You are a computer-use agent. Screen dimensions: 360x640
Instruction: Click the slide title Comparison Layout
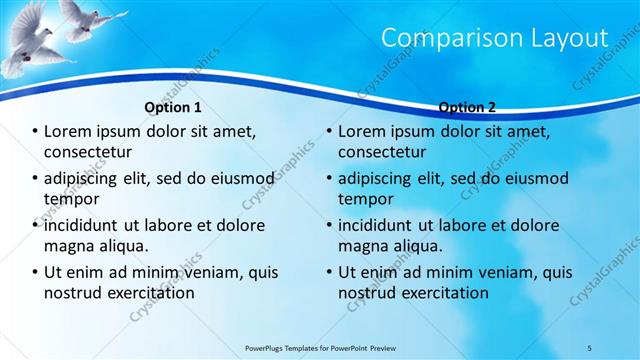495,38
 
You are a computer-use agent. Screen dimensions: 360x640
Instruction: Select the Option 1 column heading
173,107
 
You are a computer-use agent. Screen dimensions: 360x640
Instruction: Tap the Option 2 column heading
467,107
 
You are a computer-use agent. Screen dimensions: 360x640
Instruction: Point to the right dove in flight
90,18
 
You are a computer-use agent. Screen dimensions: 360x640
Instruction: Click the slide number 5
590,348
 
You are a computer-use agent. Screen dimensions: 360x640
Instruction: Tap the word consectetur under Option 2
382,152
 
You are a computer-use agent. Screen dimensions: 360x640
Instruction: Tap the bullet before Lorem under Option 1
35,132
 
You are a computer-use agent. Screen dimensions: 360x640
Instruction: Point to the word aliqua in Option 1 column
123,246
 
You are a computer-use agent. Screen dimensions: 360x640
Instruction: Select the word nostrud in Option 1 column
74,293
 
